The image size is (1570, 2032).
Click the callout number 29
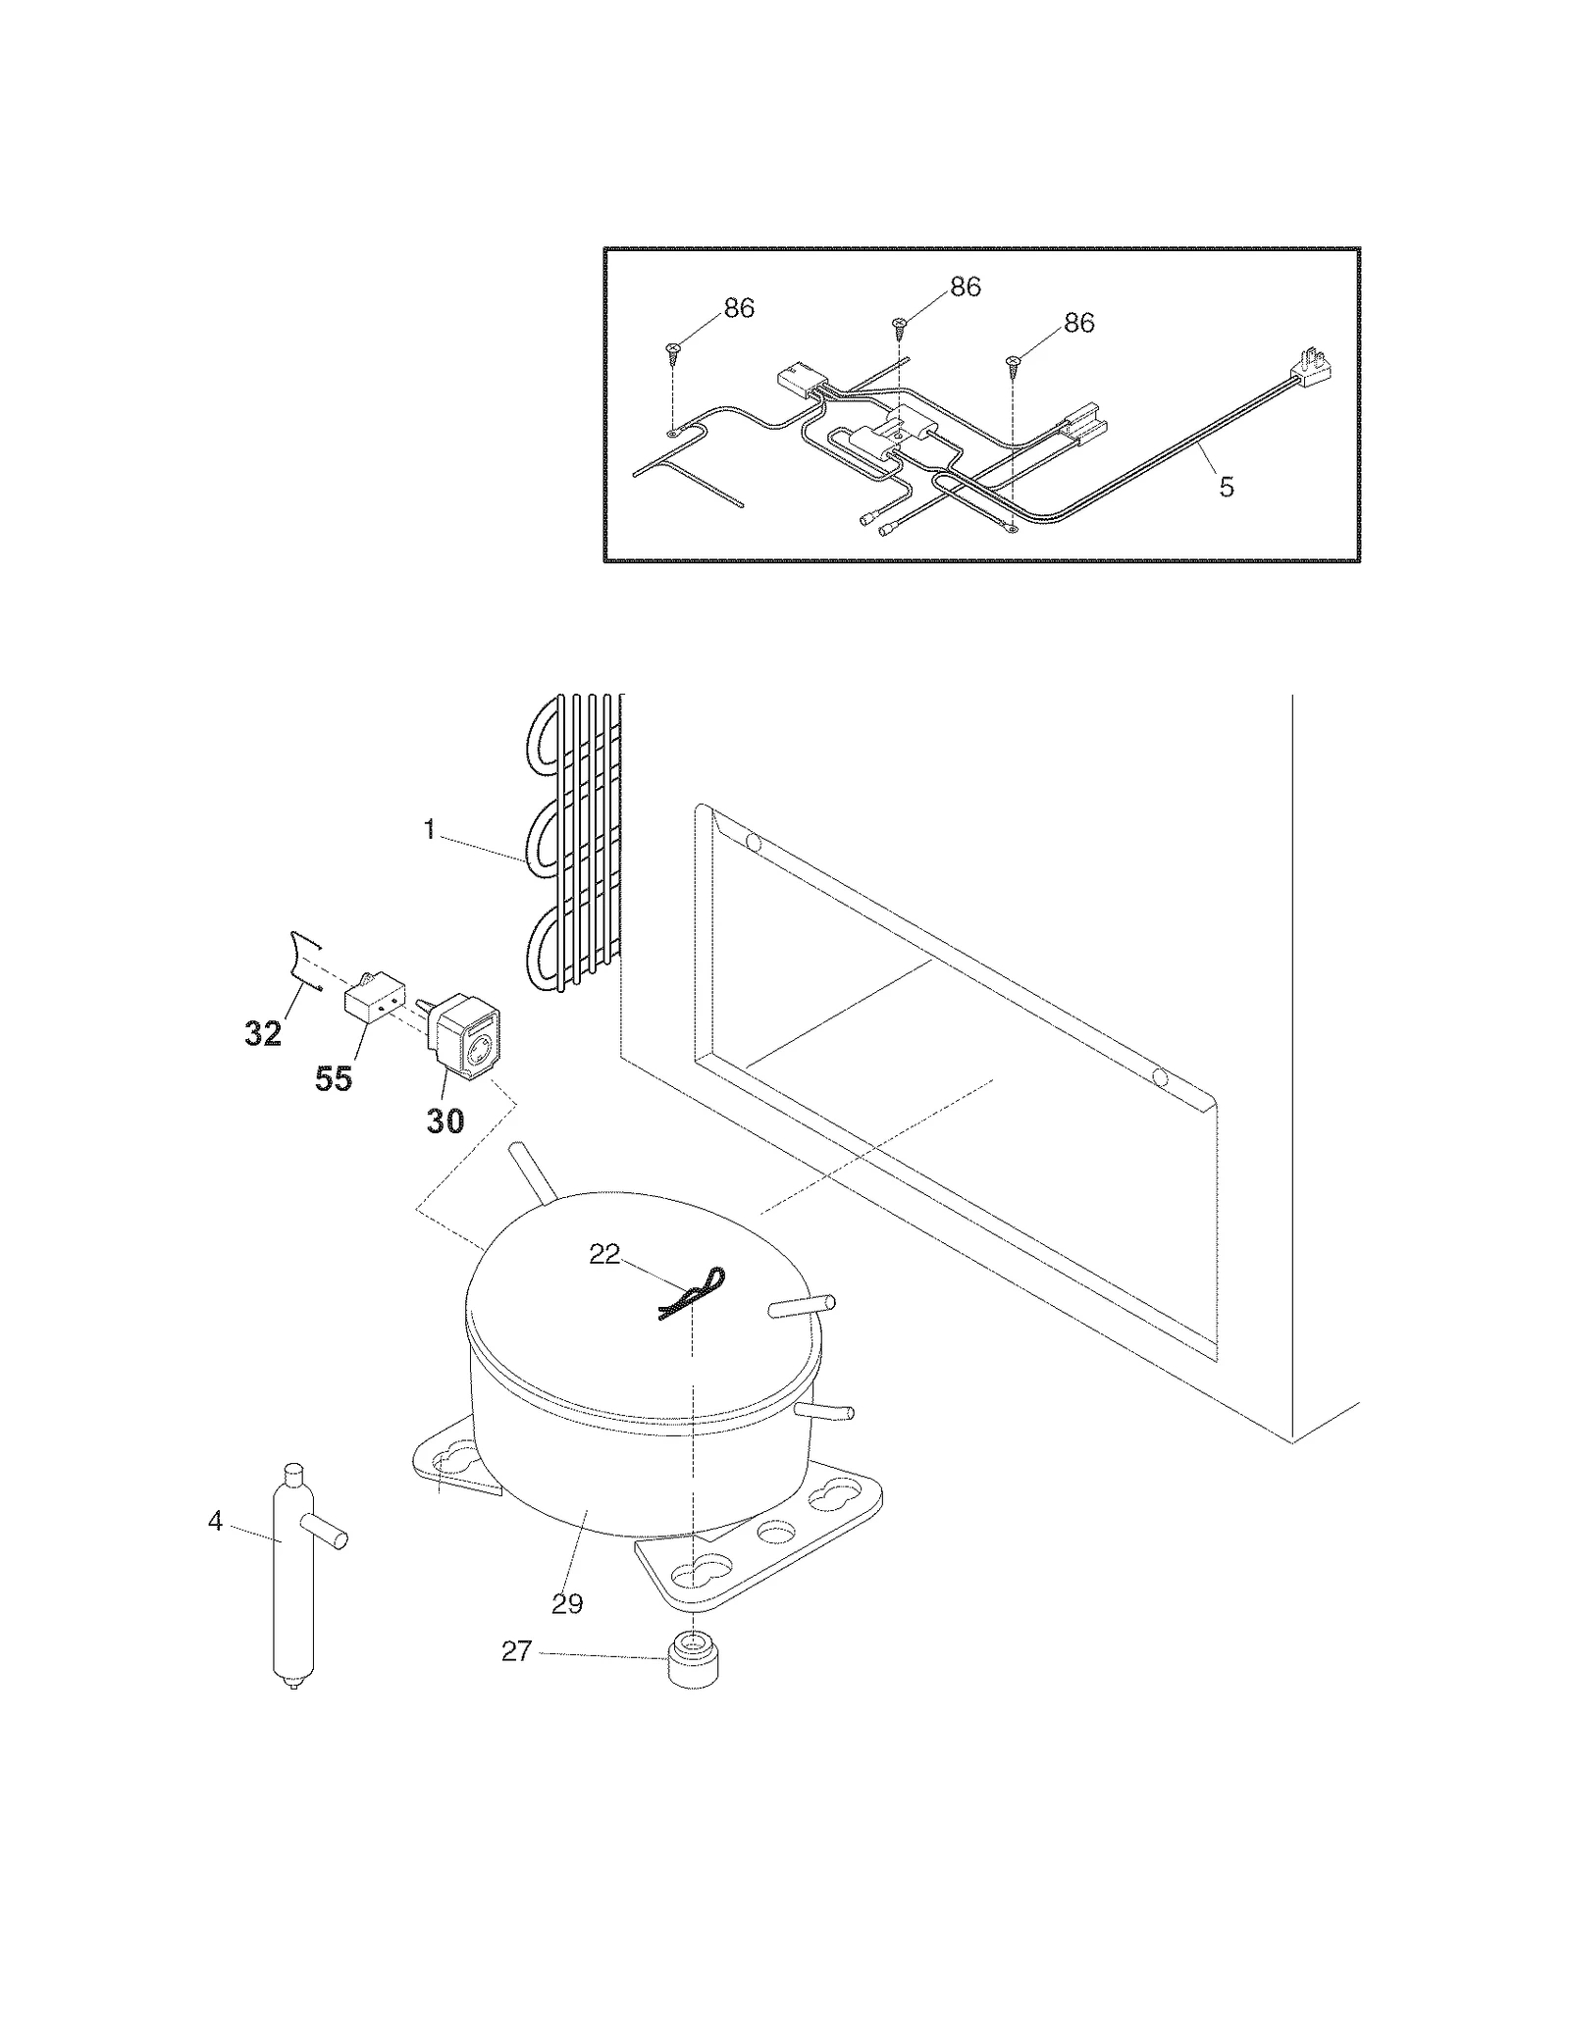567,1604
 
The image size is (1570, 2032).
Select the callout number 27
516,1651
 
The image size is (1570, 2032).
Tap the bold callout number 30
445,1120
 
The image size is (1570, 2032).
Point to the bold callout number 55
334,1078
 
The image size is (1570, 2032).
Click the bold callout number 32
263,1033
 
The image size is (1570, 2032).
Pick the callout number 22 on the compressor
604,1254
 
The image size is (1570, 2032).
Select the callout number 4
215,1521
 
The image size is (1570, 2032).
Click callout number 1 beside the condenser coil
429,830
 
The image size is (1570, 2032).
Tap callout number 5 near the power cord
1227,487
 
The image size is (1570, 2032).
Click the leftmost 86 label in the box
739,308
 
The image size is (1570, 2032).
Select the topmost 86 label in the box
966,287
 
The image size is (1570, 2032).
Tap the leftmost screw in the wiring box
672,351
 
